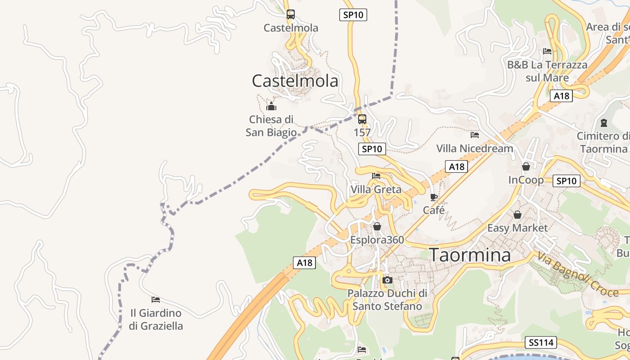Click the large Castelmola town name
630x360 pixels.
click(295, 81)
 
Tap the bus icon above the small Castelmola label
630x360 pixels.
click(291, 14)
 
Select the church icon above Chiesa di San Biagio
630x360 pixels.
click(271, 107)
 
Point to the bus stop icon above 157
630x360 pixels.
click(362, 119)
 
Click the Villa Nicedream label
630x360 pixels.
click(475, 148)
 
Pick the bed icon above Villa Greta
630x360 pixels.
click(376, 176)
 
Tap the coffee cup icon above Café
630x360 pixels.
click(433, 197)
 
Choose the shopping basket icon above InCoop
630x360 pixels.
click(526, 167)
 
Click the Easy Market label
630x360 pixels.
click(517, 228)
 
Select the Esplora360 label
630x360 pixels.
click(377, 240)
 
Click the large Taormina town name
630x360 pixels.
click(470, 255)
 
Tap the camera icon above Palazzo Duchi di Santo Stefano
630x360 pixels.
click(387, 280)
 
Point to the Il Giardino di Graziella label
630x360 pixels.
click(156, 319)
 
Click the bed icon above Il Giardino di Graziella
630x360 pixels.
click(156, 299)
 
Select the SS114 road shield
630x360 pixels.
click(541, 342)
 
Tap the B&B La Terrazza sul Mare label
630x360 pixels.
click(547, 71)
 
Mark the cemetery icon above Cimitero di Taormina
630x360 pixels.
click(604, 123)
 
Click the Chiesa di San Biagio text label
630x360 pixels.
click(271, 126)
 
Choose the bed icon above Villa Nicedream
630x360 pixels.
click(475, 135)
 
